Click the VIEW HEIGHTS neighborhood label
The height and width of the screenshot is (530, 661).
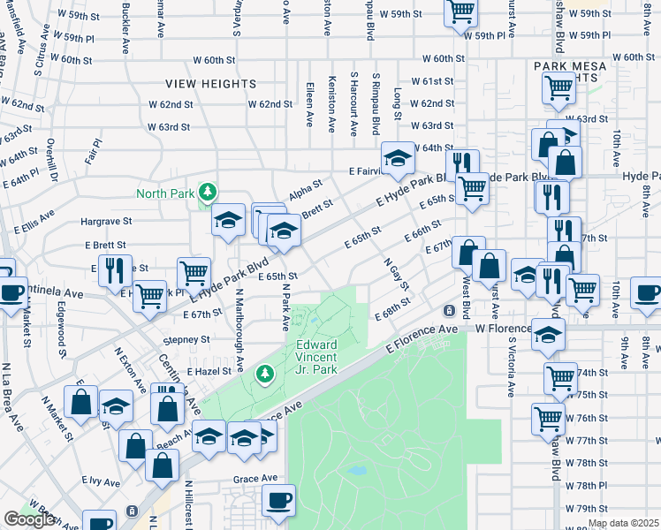tap(210, 84)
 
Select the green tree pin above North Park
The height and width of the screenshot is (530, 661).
tap(208, 191)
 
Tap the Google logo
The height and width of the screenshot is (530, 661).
tap(29, 519)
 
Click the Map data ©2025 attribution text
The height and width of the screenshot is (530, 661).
tap(623, 524)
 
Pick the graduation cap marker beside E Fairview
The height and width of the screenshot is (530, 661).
tap(398, 159)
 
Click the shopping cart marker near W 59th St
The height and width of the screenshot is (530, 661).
tap(461, 12)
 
